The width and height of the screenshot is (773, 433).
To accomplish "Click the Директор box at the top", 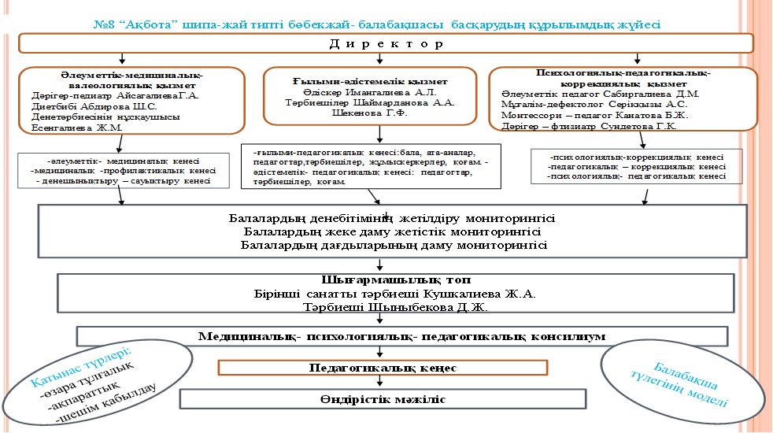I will click(386, 43).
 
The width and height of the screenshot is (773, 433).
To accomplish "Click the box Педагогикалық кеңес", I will click(383, 368).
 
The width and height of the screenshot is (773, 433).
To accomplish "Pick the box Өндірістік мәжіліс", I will click(383, 399).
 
